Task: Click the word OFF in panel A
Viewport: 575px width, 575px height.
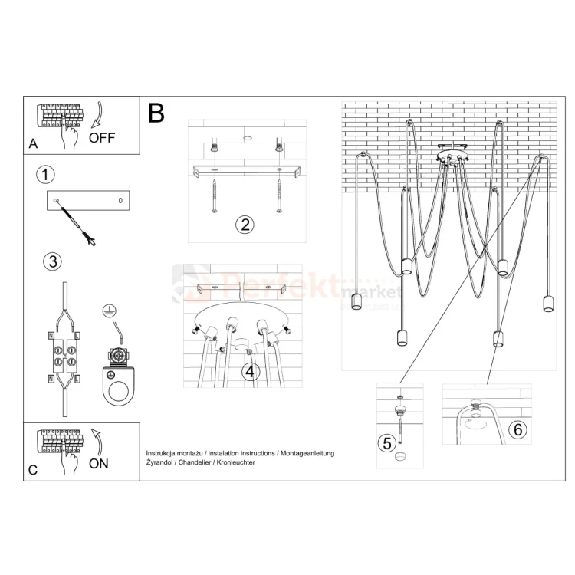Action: [102, 138]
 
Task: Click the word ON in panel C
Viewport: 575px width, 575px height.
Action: [99, 463]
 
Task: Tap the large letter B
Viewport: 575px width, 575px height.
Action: [156, 113]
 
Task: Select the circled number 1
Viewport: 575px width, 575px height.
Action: [46, 174]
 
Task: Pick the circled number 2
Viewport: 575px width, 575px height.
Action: [245, 225]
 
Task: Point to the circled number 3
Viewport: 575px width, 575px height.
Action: [51, 261]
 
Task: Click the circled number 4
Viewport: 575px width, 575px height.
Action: [249, 372]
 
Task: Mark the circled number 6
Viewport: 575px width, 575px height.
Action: [518, 429]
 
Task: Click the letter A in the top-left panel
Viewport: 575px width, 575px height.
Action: [32, 144]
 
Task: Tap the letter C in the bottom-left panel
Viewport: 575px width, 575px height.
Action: [32, 470]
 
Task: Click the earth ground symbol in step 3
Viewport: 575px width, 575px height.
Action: [109, 311]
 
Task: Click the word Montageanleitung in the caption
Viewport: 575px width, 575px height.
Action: [307, 454]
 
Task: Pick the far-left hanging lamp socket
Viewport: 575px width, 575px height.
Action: [356, 302]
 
